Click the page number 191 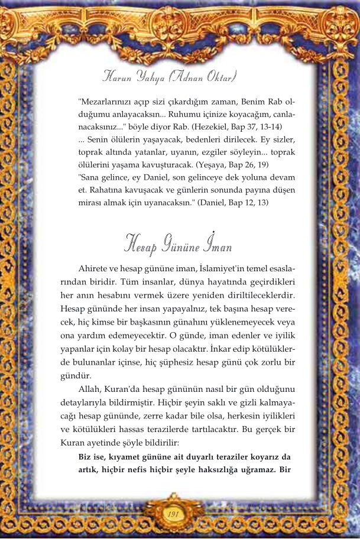[x=173, y=513]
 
